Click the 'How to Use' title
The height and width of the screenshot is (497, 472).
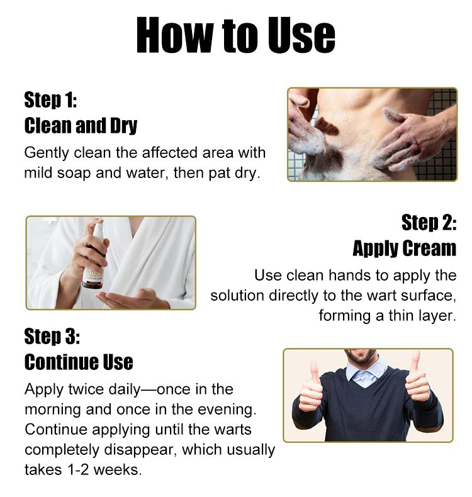pos(235,35)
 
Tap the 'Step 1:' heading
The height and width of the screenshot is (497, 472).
pos(50,100)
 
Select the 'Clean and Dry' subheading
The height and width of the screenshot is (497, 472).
pos(81,126)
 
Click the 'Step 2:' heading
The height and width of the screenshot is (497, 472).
pos(429,222)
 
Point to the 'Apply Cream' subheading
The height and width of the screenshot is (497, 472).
pos(405,248)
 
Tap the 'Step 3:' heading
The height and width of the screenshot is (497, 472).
pos(52,336)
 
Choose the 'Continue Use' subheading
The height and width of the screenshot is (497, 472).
pos(79,362)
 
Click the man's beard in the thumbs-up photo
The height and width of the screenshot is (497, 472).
pos(362,357)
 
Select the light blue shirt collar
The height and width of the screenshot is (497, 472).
pos(366,371)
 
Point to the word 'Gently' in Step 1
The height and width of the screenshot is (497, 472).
pos(47,154)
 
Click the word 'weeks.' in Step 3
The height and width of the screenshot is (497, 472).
pos(118,470)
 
